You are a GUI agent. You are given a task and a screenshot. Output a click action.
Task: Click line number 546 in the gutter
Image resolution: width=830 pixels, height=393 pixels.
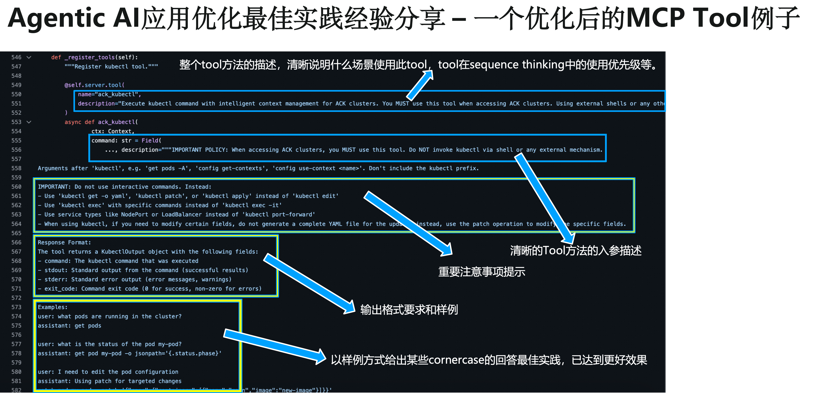[x=16, y=57]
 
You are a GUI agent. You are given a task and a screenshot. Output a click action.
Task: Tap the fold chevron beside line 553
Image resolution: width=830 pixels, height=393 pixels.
[x=29, y=122]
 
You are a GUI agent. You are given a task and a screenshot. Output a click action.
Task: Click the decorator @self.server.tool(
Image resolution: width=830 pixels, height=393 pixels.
[x=94, y=85]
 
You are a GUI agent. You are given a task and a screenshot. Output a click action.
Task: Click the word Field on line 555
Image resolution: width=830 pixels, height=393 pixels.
[x=150, y=140]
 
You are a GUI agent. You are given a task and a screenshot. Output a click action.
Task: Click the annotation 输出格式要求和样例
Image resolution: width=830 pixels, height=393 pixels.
[x=409, y=310]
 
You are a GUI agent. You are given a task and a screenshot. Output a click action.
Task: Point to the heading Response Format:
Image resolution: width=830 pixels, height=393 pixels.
[x=64, y=242]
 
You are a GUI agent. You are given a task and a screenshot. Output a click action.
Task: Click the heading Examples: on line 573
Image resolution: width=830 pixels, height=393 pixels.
[x=52, y=307]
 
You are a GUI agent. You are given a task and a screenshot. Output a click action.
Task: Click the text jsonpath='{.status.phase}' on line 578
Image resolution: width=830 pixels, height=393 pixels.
[x=178, y=354]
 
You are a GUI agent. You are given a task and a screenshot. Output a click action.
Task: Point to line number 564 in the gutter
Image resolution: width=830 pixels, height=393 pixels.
[x=16, y=224]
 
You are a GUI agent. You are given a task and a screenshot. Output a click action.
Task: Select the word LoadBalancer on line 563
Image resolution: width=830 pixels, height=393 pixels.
[x=182, y=214]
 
